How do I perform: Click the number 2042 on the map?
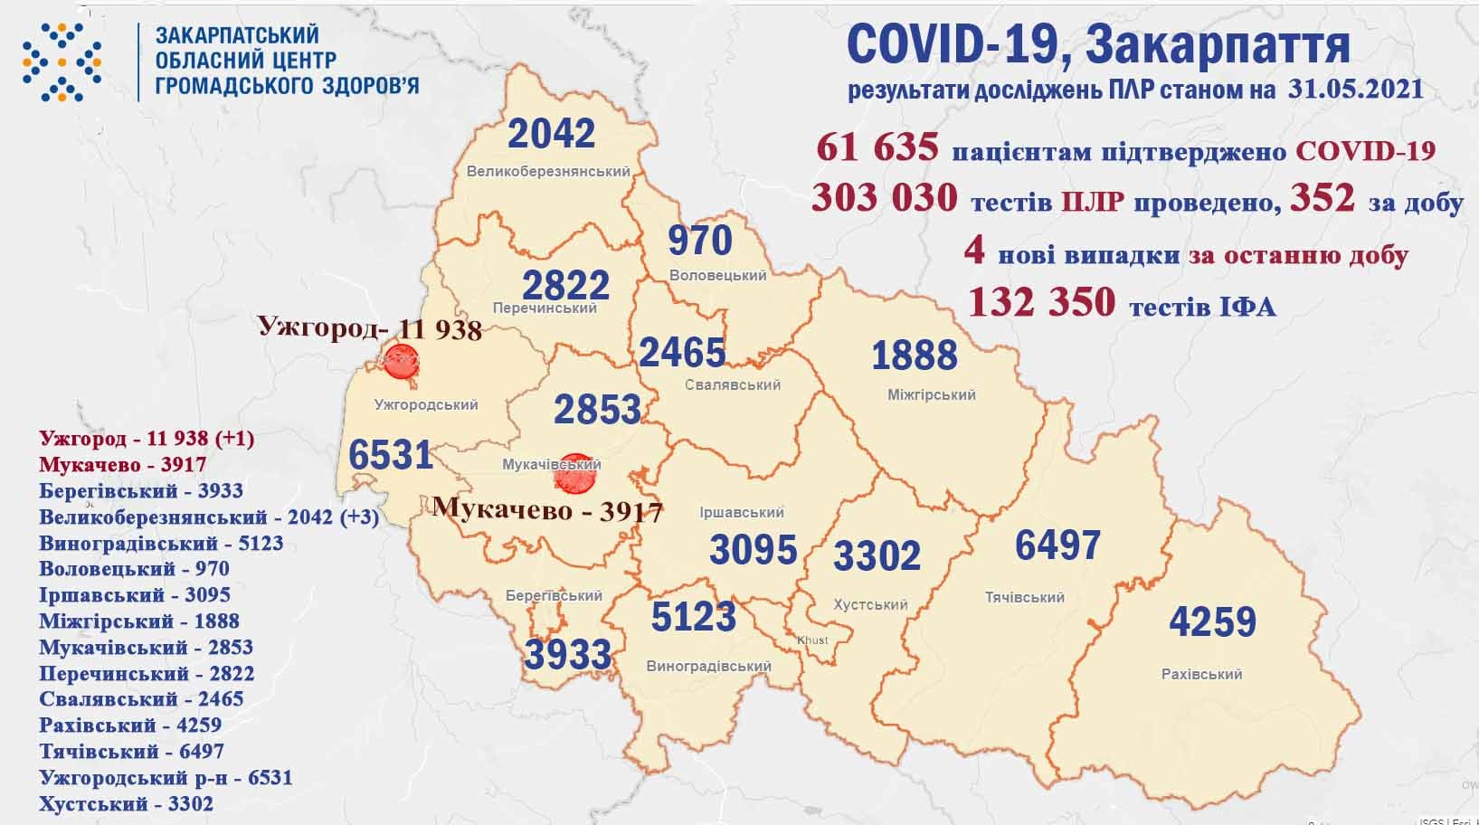(552, 134)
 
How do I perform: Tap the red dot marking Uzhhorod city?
(399, 363)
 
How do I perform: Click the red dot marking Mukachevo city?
(573, 474)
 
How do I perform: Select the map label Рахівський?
(1201, 674)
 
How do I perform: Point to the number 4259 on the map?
(1212, 622)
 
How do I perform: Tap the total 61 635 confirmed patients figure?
(877, 148)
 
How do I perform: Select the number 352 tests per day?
(1323, 198)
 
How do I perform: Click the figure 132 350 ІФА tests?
(1041, 302)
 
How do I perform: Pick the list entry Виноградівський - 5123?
(161, 544)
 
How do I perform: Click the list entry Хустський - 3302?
(127, 803)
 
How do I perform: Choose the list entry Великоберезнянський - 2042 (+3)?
(209, 517)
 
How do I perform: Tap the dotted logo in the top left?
(62, 61)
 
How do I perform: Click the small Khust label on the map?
(812, 640)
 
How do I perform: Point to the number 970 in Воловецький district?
(700, 241)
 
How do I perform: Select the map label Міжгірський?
(930, 395)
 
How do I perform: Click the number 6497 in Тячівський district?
(1057, 545)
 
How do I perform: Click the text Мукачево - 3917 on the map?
(548, 509)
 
